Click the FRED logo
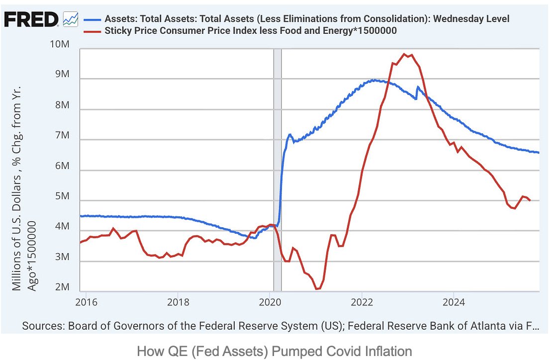[31, 19]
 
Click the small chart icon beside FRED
[71, 20]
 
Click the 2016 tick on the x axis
[86, 302]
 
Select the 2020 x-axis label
[269, 302]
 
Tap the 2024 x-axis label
[453, 302]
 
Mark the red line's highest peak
[405, 54]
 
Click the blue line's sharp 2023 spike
[418, 87]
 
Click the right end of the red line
[530, 200]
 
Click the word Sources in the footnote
[44, 327]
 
